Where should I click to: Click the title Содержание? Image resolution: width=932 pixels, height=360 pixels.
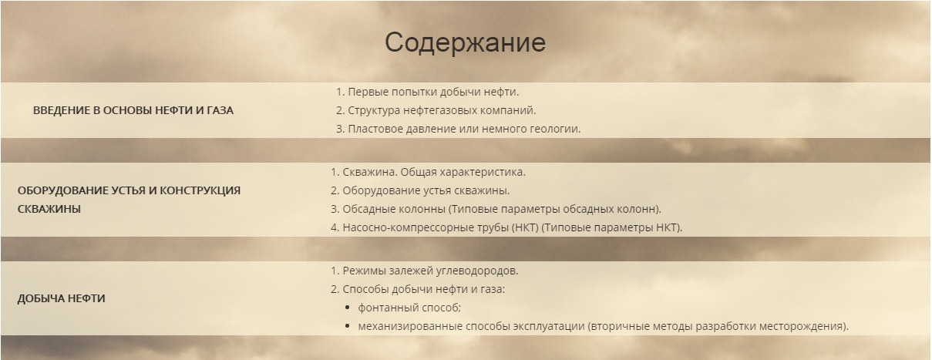pos(465,42)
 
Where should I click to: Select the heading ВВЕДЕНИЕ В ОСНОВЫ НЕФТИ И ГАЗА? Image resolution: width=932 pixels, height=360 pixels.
pos(133,110)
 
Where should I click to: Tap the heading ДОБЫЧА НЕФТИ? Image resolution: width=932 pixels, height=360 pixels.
pos(61,298)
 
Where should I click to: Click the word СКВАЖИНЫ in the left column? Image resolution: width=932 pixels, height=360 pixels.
pos(49,208)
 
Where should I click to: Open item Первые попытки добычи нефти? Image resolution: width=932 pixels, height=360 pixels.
pos(432,92)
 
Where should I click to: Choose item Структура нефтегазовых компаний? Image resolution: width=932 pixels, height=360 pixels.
pos(441,110)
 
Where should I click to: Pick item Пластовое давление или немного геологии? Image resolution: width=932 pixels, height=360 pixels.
pos(463,129)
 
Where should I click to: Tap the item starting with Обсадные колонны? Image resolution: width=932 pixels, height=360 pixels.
pos(500,209)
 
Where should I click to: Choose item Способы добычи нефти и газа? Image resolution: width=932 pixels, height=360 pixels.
pos(422,290)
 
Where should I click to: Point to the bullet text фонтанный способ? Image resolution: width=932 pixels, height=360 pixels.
pos(409,308)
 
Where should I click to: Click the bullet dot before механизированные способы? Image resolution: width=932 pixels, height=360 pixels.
pos(348,326)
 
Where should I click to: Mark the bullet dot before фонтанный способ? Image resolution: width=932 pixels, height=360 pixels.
pos(348,308)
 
